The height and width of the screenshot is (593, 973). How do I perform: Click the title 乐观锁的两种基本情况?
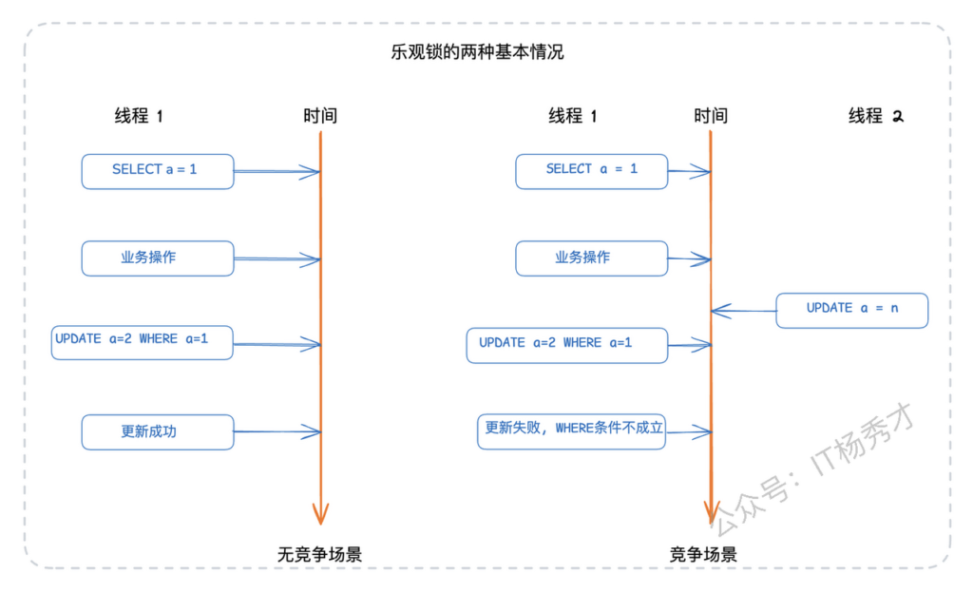(477, 51)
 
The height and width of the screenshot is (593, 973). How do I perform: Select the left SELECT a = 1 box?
(157, 171)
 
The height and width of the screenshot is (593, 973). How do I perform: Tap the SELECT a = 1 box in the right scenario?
(591, 171)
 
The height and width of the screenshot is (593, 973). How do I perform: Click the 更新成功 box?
(157, 431)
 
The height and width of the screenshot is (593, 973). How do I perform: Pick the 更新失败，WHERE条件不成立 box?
(571, 430)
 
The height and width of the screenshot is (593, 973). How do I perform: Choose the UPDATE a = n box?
(851, 310)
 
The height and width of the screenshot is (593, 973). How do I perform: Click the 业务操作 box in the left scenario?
(157, 258)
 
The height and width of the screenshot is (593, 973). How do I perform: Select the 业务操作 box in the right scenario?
(591, 258)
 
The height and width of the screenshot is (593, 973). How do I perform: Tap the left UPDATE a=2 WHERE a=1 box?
(142, 341)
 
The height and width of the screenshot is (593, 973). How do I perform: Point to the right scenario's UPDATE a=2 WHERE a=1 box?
(567, 344)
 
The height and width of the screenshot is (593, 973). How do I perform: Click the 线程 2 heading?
(875, 116)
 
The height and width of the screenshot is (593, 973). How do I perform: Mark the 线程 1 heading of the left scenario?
(139, 116)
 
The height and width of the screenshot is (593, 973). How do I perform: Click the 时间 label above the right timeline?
(710, 116)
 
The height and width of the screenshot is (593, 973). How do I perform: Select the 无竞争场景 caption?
(319, 554)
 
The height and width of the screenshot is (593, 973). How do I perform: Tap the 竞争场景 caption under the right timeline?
(703, 554)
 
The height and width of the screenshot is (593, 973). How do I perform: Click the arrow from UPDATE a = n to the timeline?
(743, 310)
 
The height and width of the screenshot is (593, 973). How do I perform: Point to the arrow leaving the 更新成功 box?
(277, 432)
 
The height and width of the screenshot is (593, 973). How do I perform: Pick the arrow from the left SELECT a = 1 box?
(277, 172)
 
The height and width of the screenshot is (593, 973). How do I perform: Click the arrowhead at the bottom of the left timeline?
(321, 514)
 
